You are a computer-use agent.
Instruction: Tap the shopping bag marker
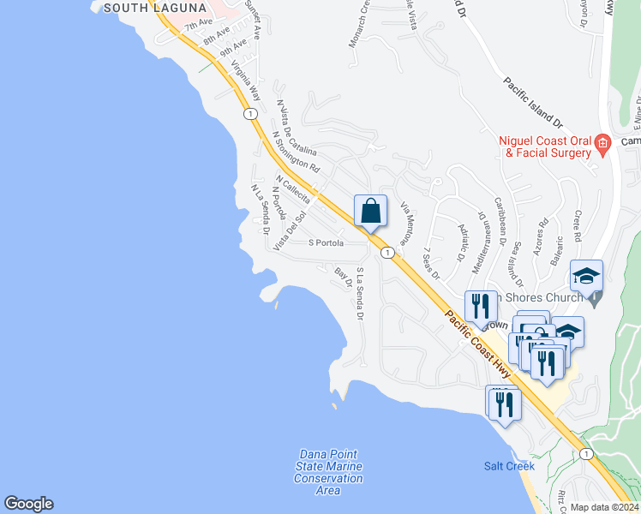point(370,210)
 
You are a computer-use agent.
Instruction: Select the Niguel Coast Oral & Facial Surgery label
point(547,146)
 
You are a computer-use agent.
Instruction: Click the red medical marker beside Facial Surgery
point(602,142)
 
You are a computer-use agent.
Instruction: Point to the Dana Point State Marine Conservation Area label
point(328,472)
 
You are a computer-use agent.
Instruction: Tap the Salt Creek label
point(509,466)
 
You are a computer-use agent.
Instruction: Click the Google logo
point(28,504)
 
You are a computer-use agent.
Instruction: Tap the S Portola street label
point(326,242)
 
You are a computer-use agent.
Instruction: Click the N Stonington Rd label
point(296,150)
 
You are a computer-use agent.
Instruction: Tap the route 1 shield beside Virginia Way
point(249,113)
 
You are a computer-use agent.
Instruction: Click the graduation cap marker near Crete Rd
point(586,276)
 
